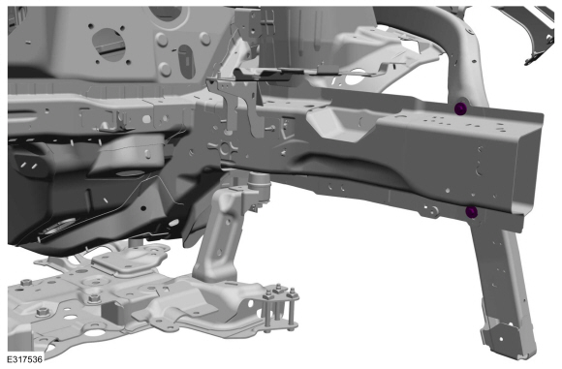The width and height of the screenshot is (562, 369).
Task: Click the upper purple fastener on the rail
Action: [460, 108]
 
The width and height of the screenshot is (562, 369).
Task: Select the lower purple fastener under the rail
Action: [471, 212]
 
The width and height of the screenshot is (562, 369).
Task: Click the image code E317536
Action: [25, 359]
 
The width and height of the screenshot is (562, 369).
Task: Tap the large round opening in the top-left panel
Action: [109, 45]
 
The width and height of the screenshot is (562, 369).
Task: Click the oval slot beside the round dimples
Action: [186, 61]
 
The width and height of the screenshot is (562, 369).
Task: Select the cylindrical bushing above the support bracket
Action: [259, 183]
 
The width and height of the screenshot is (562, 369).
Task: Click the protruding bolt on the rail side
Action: [270, 128]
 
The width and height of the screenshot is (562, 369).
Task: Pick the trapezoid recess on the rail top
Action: [340, 124]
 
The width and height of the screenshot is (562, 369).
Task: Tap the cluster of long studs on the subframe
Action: [280, 308]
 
